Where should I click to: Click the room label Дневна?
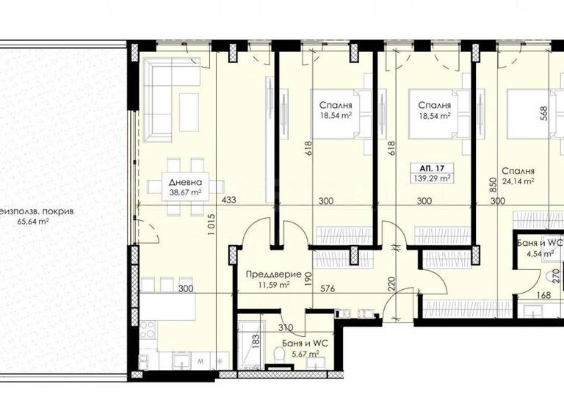[x=184, y=183]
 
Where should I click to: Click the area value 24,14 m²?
[x=518, y=181]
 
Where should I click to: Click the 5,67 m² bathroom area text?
[x=303, y=354]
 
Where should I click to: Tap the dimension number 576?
[x=328, y=289]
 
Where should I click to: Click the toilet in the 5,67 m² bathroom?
[x=278, y=356]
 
